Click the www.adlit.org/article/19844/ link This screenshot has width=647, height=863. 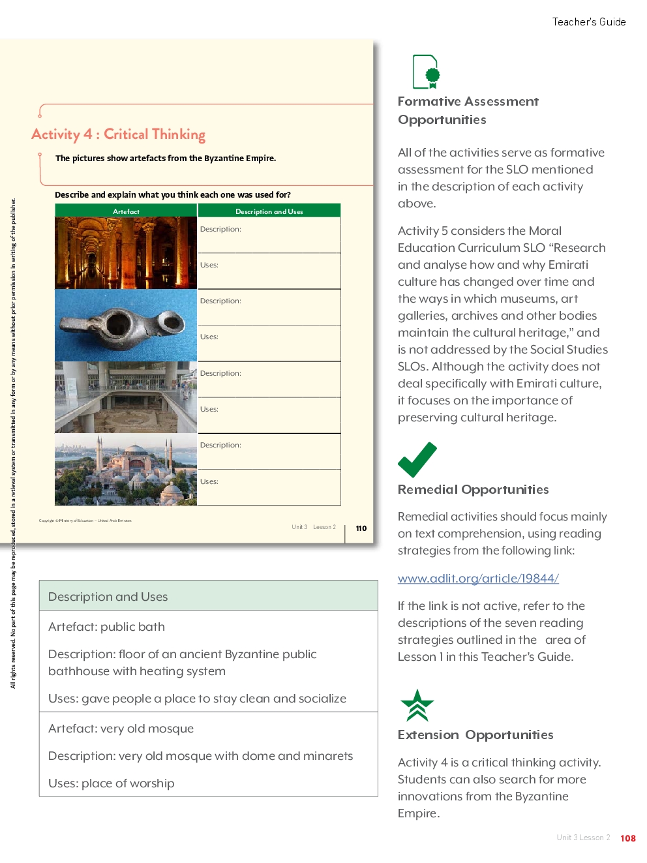click(478, 579)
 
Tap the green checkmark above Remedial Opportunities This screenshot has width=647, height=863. click(417, 460)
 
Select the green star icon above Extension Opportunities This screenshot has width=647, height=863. click(417, 705)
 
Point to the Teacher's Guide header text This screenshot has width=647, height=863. click(588, 22)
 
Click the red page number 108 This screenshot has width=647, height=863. click(627, 838)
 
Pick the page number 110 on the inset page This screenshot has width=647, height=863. click(361, 528)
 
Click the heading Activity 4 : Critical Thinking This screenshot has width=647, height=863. click(118, 134)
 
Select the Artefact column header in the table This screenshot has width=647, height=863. click(126, 211)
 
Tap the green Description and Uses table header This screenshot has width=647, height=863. click(269, 211)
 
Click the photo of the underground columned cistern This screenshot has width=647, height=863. click(126, 253)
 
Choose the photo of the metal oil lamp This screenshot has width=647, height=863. click(126, 325)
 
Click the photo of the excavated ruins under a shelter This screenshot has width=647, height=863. click(126, 397)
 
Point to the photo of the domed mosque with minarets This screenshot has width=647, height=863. click(126, 470)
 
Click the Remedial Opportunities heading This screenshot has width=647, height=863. click(473, 489)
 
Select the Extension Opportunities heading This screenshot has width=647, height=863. click(475, 734)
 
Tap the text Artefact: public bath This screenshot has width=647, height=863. click(106, 627)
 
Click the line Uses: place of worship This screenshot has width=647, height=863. click(111, 783)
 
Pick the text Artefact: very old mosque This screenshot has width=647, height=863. click(121, 729)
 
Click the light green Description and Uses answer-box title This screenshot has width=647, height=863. click(108, 597)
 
